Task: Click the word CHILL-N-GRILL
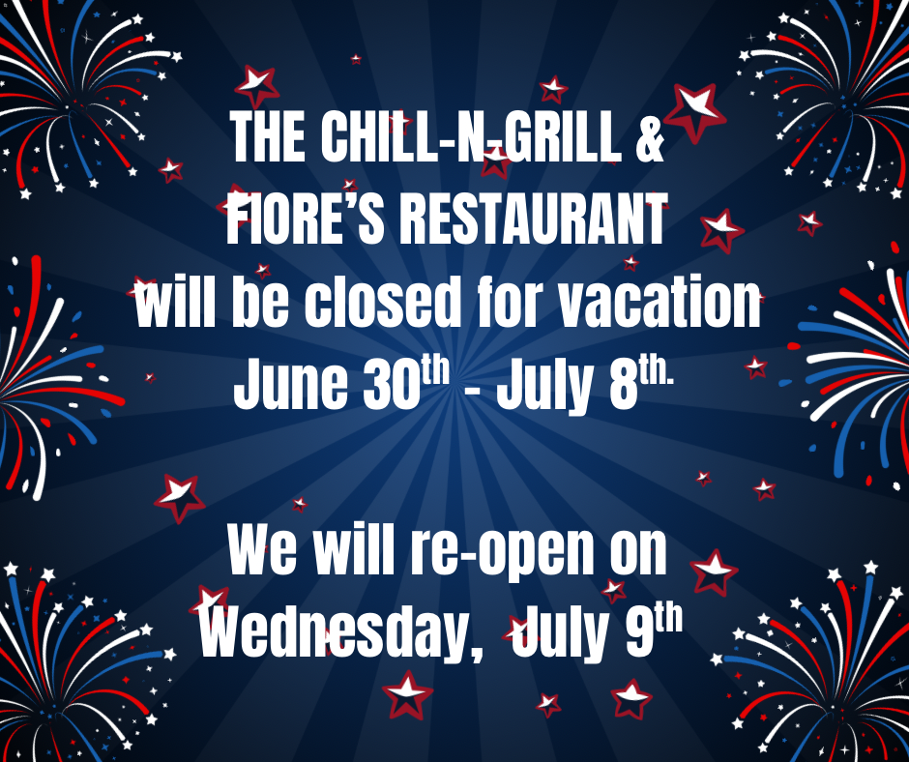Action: click(x=471, y=137)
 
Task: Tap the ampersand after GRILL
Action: click(x=650, y=137)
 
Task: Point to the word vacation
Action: click(x=660, y=302)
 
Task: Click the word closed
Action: click(x=383, y=302)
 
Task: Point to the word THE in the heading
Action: click(x=269, y=137)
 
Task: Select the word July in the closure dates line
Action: click(x=542, y=384)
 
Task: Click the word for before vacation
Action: click(x=511, y=302)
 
